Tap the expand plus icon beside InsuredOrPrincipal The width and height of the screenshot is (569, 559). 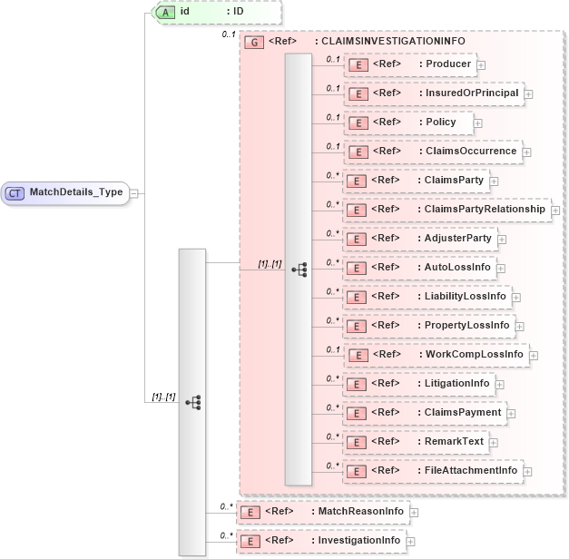528,93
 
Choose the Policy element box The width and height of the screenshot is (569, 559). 407,122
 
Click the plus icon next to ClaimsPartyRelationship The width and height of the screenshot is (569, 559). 555,210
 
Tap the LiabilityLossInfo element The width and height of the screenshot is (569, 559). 426,296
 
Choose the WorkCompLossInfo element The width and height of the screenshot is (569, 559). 435,354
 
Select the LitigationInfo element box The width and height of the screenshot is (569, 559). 418,383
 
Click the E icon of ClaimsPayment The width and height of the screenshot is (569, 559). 358,413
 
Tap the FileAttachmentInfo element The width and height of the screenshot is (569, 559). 432,470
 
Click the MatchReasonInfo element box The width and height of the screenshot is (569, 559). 321,512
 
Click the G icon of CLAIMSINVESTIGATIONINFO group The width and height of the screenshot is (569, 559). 255,42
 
